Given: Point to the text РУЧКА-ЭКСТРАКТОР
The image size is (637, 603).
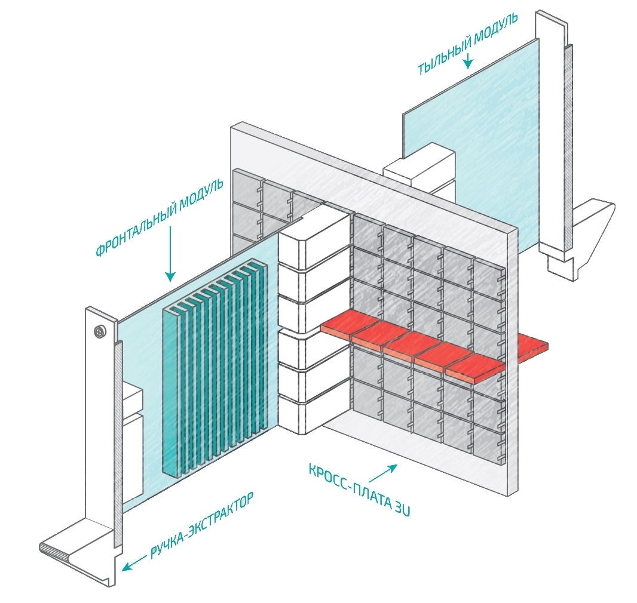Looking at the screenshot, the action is point(202,525).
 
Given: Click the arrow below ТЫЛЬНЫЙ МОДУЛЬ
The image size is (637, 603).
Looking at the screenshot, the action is point(468,60).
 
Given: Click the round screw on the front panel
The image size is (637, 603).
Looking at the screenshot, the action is point(99,332).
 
